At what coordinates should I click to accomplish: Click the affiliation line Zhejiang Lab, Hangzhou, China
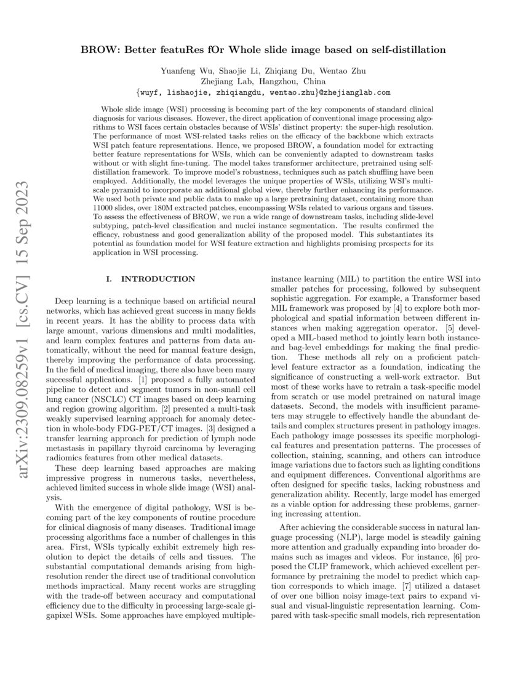[261, 81]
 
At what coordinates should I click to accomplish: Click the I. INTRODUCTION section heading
[151, 279]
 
